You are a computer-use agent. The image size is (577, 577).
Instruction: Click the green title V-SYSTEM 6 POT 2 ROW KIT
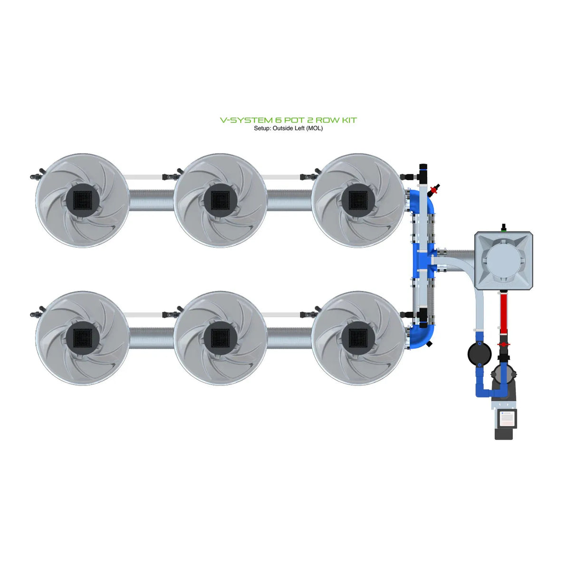point(288,120)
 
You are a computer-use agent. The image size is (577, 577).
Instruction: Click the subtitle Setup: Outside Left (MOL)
point(288,128)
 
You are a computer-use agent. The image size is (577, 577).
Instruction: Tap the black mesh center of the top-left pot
point(82,200)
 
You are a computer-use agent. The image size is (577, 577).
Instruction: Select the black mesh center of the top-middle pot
point(220,200)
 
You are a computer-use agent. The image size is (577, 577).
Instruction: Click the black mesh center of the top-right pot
point(358,200)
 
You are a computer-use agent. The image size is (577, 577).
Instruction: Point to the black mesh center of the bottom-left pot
point(82,338)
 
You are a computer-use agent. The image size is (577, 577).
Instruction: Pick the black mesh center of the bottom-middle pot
point(220,338)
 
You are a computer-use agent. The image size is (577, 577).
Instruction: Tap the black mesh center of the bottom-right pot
point(358,338)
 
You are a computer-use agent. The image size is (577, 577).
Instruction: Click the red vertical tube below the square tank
point(503,314)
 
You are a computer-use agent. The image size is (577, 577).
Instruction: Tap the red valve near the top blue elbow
point(433,191)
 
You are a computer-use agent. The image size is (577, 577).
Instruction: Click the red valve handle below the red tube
point(503,344)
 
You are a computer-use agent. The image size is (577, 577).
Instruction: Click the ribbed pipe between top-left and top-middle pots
point(151,200)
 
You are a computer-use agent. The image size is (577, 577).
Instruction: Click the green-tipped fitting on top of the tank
point(503,226)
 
